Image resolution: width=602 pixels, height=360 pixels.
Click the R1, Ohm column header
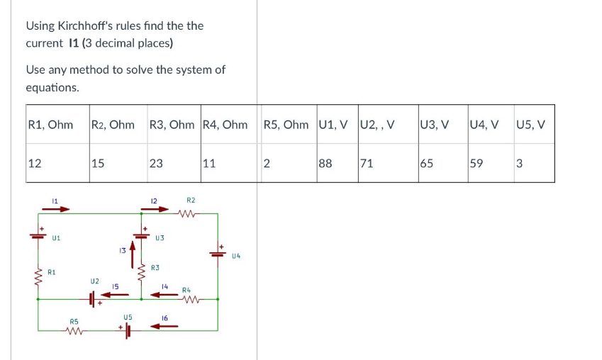pyautogui.click(x=50, y=125)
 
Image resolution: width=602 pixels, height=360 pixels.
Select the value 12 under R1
pyautogui.click(x=35, y=164)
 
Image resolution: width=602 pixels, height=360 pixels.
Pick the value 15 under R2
pyautogui.click(x=98, y=164)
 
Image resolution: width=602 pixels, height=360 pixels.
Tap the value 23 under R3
pyautogui.click(x=156, y=164)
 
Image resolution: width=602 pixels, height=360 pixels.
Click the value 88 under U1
pyautogui.click(x=327, y=164)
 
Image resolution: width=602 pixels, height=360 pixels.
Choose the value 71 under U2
pyautogui.click(x=367, y=164)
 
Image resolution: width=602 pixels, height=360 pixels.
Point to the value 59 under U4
pyautogui.click(x=476, y=164)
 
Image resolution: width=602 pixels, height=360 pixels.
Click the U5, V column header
pyautogui.click(x=531, y=125)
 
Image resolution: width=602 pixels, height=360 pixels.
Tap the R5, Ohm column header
pyautogui.click(x=286, y=125)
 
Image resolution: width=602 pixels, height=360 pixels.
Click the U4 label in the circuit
pyautogui.click(x=236, y=256)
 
